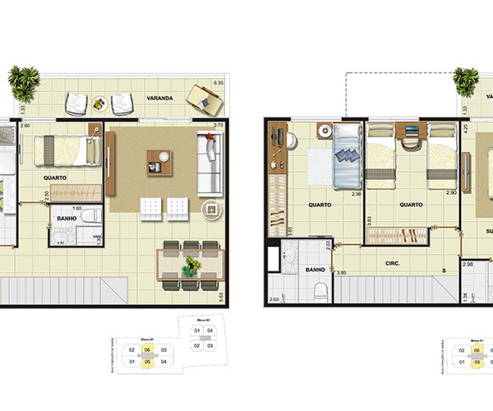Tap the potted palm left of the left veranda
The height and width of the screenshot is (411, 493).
[23, 80]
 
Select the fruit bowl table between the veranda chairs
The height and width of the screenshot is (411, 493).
[100, 104]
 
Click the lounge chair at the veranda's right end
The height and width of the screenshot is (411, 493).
[205, 99]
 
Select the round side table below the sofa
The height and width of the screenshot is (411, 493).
[211, 209]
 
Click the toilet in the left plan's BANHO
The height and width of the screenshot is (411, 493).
[92, 218]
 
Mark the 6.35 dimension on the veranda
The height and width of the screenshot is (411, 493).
[219, 84]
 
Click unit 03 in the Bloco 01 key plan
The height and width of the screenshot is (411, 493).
[164, 350]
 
